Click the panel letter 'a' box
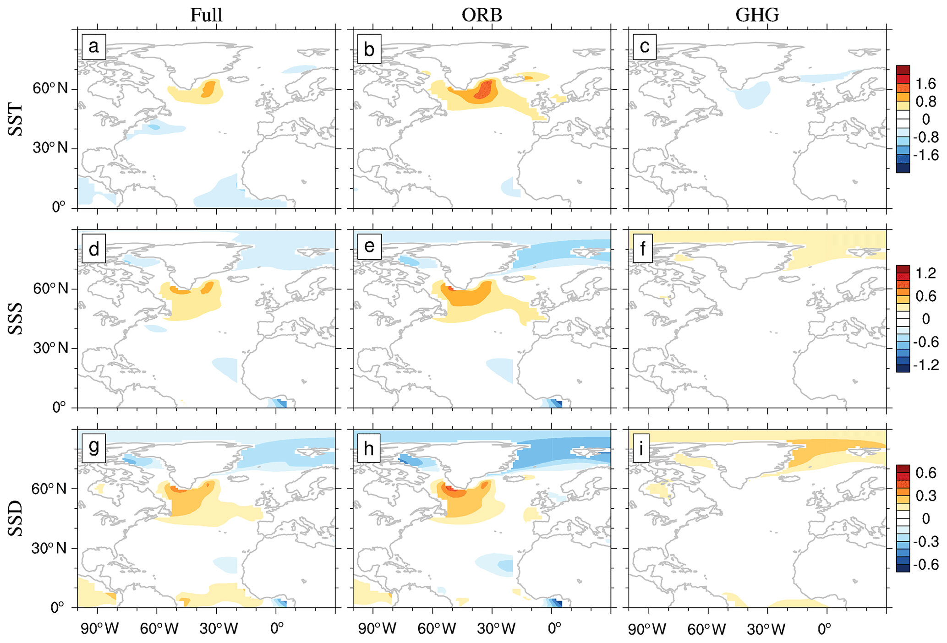click(94, 47)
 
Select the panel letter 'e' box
click(369, 246)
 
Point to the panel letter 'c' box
click(644, 47)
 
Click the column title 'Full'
click(206, 15)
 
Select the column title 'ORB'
click(482, 15)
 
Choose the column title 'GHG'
click(757, 15)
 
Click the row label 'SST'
click(16, 120)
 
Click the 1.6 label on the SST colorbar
click(925, 83)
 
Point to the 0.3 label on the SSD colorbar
click(925, 496)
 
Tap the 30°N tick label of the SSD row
click(49, 548)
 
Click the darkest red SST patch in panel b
click(485, 90)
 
